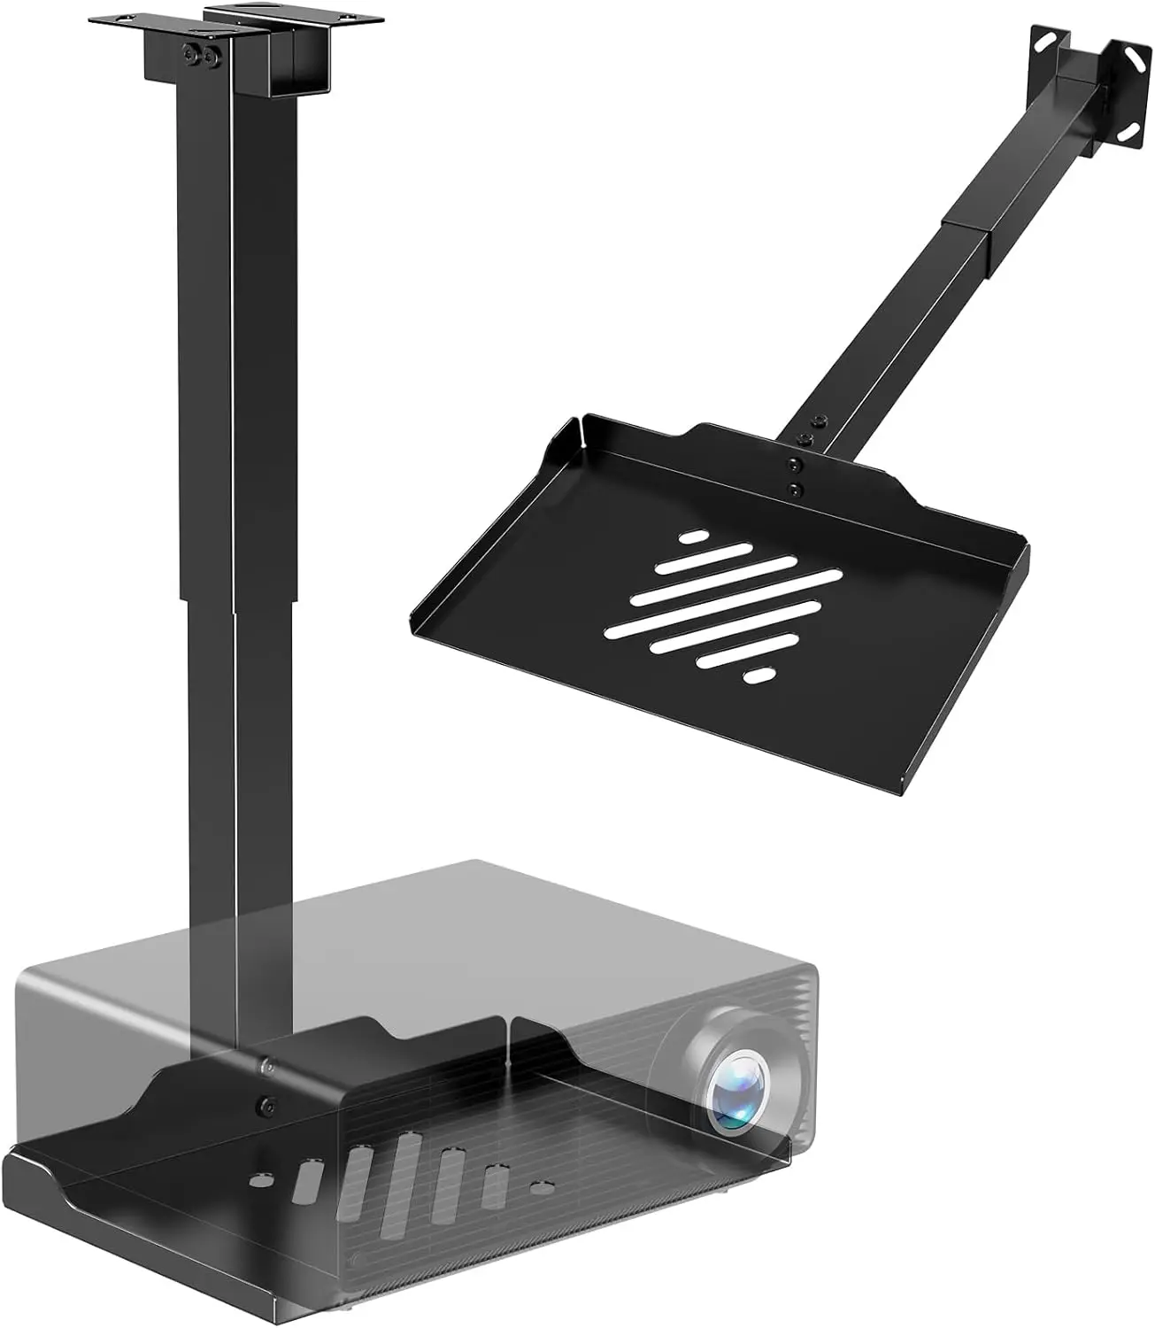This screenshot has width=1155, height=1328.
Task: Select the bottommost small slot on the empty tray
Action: (x=758, y=676)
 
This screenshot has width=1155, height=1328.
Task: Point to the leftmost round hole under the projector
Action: (x=263, y=1180)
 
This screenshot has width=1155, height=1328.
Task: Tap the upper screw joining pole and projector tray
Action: (x=266, y=1068)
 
